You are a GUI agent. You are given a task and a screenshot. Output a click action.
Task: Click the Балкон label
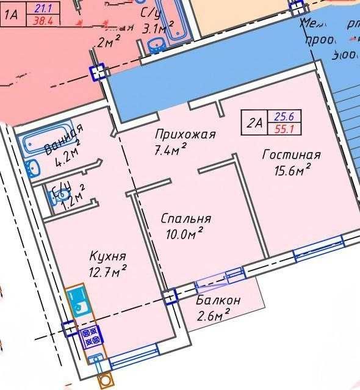pyautogui.click(x=218, y=301)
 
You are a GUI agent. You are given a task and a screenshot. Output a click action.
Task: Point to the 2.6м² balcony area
pyautogui.click(x=213, y=315)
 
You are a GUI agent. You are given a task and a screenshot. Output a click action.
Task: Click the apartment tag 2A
pyautogui.click(x=255, y=123)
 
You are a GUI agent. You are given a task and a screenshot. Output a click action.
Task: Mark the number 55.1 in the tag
pyautogui.click(x=284, y=129)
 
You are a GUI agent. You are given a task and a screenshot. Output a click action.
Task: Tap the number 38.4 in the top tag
pyautogui.click(x=42, y=20)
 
